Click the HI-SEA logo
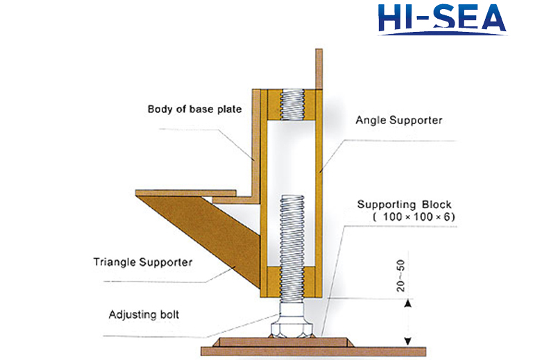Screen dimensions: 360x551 pyautogui.click(x=442, y=20)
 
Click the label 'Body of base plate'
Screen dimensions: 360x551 pyautogui.click(x=187, y=109)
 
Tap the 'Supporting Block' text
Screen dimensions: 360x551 pyautogui.click(x=404, y=205)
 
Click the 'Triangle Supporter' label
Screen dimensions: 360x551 pyautogui.click(x=142, y=262)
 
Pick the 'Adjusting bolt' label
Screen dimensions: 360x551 pyautogui.click(x=144, y=314)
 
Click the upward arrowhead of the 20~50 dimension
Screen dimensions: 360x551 pyautogui.click(x=407, y=302)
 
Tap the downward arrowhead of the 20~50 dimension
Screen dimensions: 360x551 pyautogui.click(x=407, y=340)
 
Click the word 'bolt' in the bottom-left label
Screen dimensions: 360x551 pyautogui.click(x=167, y=314)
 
